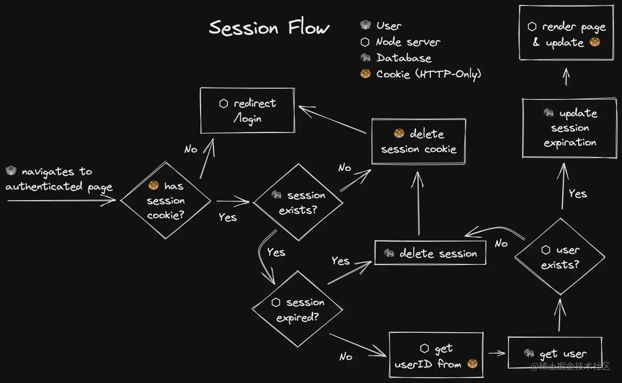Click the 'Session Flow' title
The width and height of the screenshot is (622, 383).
tap(269, 27)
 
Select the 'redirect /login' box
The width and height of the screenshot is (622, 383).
tap(247, 111)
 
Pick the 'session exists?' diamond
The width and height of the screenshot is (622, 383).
tap(298, 202)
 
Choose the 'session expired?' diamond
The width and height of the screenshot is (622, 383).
tap(297, 309)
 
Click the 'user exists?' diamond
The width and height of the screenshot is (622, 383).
tap(560, 257)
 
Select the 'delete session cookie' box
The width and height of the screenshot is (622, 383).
tap(418, 141)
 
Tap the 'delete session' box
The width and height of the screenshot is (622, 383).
tap(430, 254)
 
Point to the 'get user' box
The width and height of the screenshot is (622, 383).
tap(555, 353)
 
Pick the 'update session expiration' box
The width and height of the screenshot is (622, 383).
tap(570, 128)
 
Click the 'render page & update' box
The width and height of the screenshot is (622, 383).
tap(566, 33)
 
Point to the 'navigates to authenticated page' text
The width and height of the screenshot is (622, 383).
tap(59, 179)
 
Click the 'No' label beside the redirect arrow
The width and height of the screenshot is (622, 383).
tap(191, 149)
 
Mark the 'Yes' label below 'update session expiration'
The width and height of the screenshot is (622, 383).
tap(578, 193)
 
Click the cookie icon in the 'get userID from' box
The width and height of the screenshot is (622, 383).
tap(472, 364)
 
